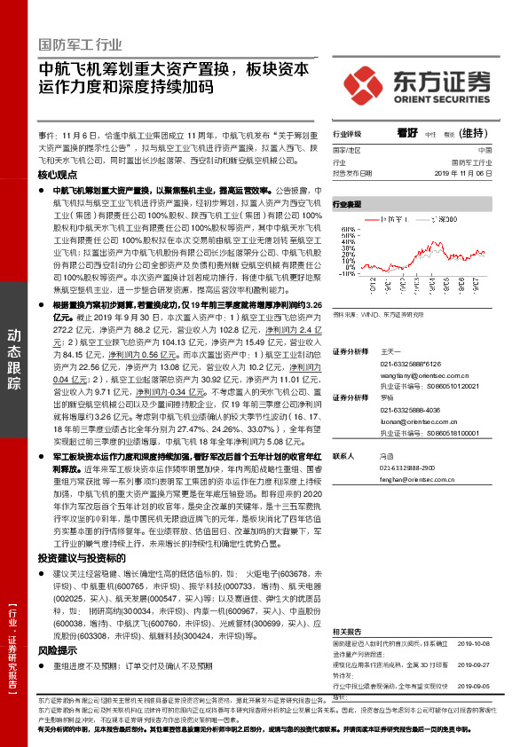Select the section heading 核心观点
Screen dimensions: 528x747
click(x=58, y=175)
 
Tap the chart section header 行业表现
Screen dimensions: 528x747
click(x=348, y=204)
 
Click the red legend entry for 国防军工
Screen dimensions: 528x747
click(x=394, y=217)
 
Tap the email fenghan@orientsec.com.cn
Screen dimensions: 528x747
click(x=412, y=478)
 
